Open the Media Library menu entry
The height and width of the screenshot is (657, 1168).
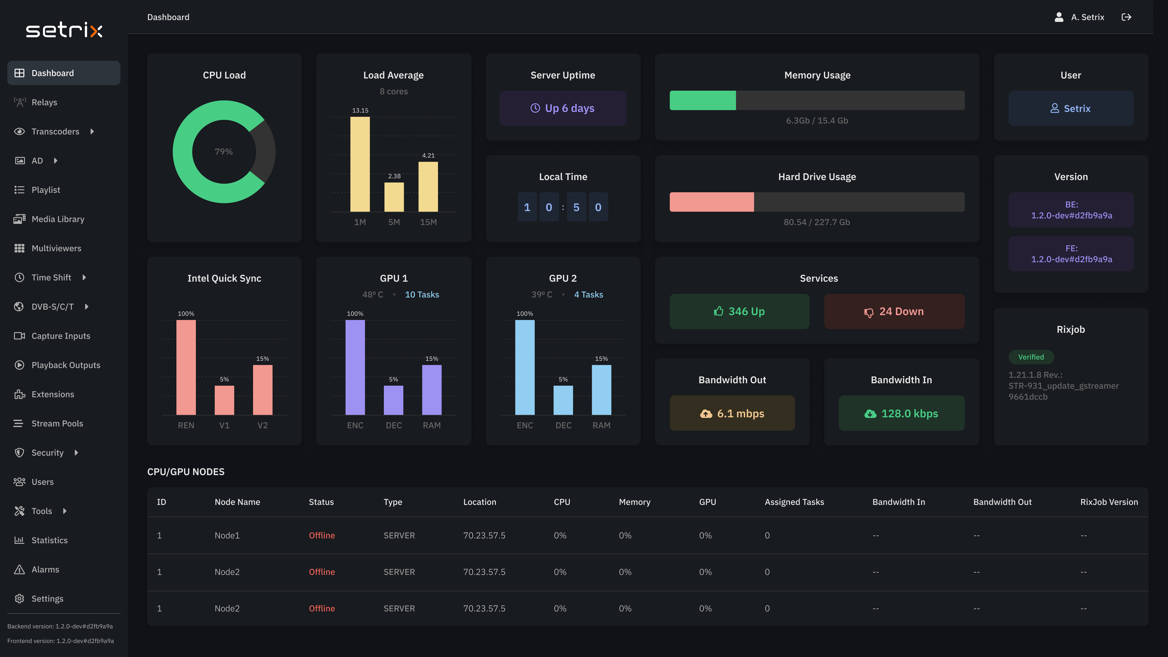(x=58, y=219)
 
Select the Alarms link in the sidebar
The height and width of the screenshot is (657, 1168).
(x=45, y=570)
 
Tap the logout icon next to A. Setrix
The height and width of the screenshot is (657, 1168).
(x=1126, y=17)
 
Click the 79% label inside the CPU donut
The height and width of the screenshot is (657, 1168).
(x=224, y=151)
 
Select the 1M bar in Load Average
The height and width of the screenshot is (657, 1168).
(x=360, y=164)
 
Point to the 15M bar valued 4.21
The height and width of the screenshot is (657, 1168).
(x=428, y=187)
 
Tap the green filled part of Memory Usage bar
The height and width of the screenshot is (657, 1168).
(x=702, y=100)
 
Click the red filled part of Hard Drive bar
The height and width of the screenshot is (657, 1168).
(x=711, y=202)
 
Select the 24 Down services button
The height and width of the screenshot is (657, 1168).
(x=894, y=311)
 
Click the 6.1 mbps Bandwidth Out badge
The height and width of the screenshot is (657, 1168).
(x=732, y=414)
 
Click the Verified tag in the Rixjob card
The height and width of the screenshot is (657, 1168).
(x=1031, y=357)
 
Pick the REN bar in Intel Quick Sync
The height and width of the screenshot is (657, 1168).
(x=186, y=367)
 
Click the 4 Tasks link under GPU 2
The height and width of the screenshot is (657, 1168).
(x=589, y=295)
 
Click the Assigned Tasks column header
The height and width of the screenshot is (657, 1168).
(x=794, y=502)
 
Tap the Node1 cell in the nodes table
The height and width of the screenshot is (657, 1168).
(x=227, y=535)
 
